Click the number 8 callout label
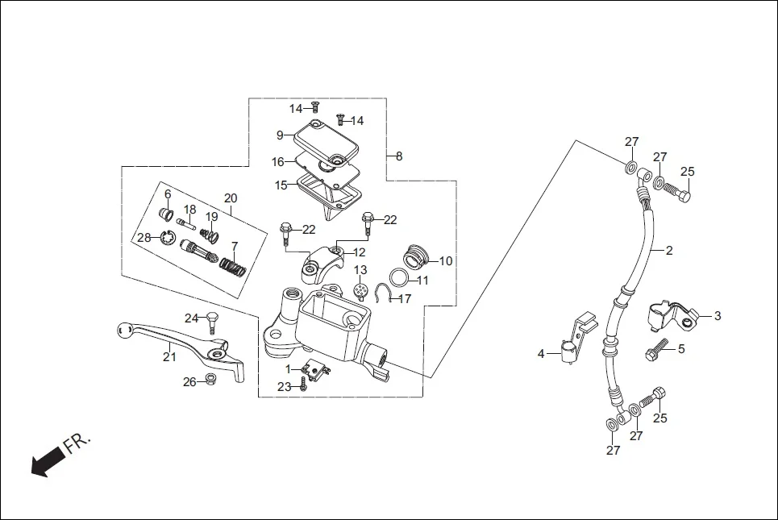click(398, 156)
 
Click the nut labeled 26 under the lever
click(210, 381)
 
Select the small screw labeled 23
click(303, 387)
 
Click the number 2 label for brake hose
click(669, 251)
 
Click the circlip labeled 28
click(168, 237)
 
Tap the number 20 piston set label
click(231, 198)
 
